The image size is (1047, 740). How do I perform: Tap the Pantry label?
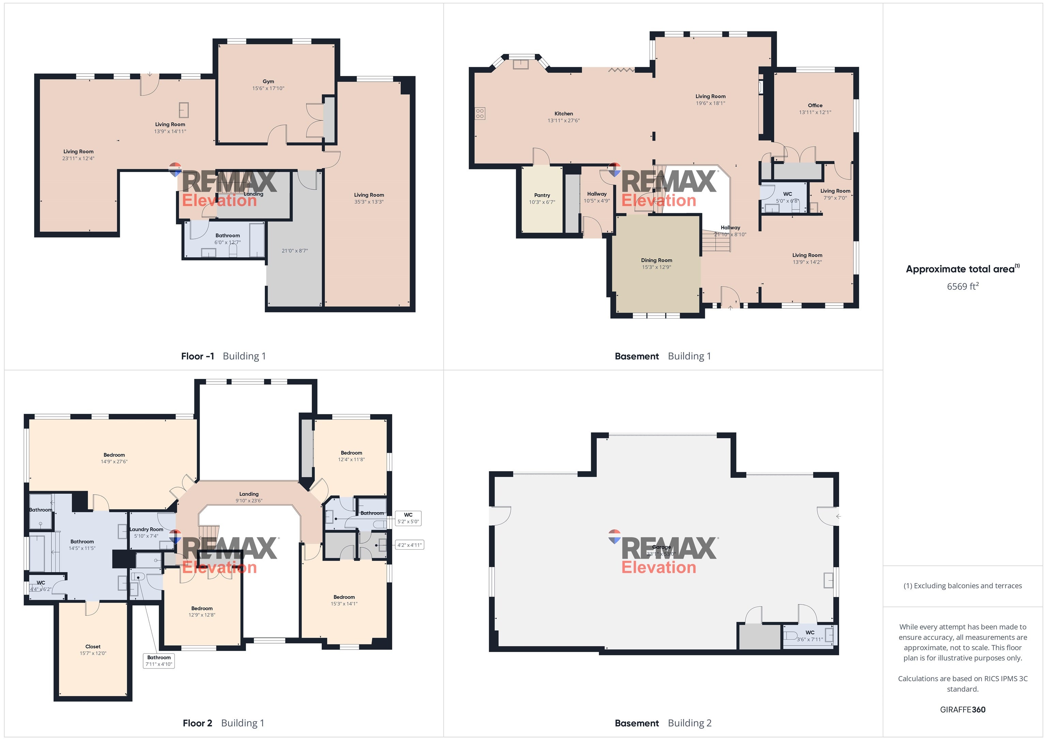click(542, 195)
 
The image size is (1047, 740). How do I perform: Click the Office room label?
click(815, 105)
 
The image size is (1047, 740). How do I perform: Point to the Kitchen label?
click(564, 113)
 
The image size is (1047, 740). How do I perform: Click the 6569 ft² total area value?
click(962, 286)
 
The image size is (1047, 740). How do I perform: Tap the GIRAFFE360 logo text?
click(962, 709)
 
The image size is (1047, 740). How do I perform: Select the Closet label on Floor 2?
click(93, 647)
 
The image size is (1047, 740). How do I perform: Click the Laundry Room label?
click(146, 529)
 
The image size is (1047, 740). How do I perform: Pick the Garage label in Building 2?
click(661, 547)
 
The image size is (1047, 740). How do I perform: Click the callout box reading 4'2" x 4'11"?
click(410, 545)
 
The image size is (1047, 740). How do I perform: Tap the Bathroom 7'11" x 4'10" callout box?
click(159, 661)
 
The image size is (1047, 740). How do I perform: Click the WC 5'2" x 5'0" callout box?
click(408, 518)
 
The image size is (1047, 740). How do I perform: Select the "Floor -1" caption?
click(197, 356)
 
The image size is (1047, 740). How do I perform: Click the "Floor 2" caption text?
click(197, 723)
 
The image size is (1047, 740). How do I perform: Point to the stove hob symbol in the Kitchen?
click(480, 113)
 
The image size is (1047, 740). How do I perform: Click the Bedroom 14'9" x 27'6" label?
click(114, 455)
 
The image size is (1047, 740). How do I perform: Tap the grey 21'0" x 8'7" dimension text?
click(294, 251)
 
